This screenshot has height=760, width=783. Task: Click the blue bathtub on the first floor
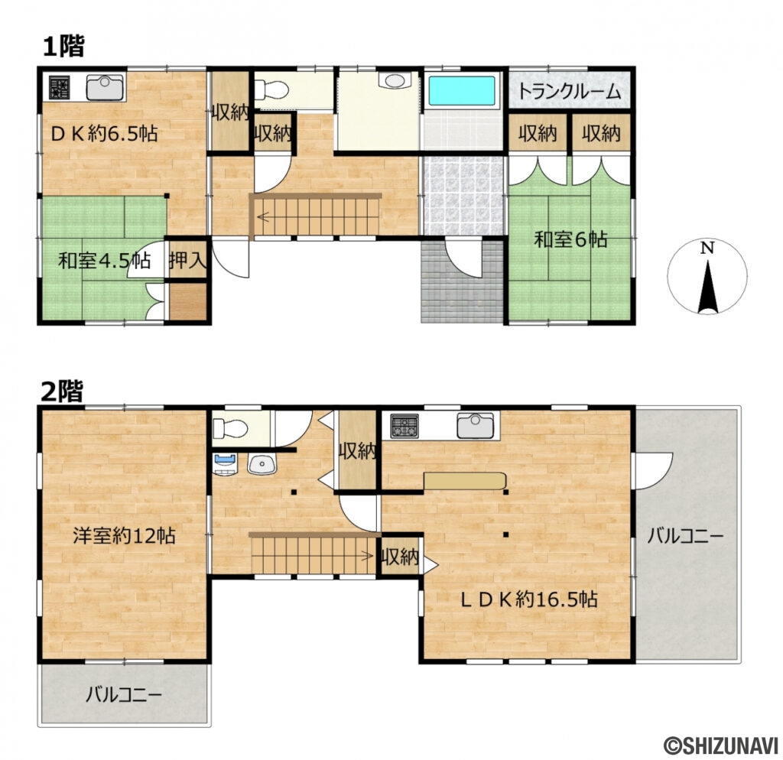[462, 91]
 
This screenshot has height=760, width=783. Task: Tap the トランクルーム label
[569, 92]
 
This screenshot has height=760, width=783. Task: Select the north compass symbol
[707, 276]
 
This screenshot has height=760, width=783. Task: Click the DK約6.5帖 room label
[104, 133]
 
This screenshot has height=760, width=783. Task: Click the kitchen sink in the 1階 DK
[105, 87]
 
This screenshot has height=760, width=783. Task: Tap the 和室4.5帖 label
[104, 261]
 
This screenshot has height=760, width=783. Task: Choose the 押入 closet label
[187, 260]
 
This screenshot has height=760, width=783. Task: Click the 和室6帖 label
[570, 239]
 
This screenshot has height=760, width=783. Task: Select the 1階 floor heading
[63, 47]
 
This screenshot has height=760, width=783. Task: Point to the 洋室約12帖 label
[124, 536]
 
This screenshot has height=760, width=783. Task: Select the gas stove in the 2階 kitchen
[404, 426]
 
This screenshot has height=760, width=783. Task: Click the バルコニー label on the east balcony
[685, 537]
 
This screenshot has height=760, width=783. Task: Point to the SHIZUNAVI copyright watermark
[720, 746]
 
